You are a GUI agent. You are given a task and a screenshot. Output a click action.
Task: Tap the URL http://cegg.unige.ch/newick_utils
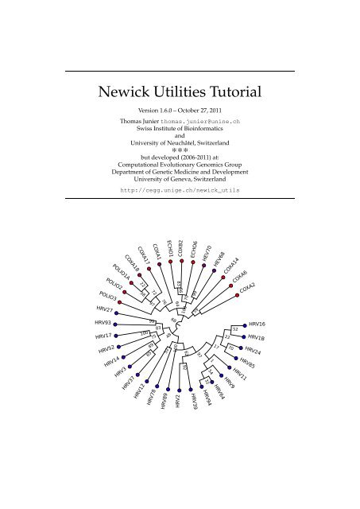click(x=180, y=191)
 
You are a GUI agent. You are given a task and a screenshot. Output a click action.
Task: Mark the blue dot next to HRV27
click(x=118, y=310)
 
